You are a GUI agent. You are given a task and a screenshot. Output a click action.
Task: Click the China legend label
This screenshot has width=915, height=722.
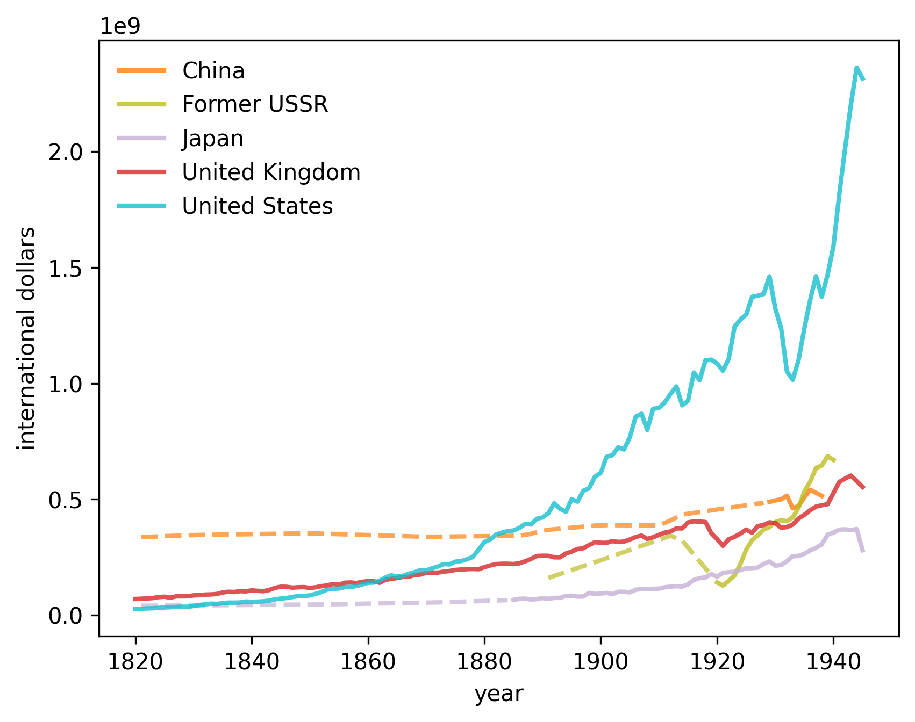point(213,71)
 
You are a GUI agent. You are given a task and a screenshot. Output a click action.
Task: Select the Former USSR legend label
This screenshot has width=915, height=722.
point(255,104)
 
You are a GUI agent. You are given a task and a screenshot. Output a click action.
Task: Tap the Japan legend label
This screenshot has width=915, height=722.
point(213,139)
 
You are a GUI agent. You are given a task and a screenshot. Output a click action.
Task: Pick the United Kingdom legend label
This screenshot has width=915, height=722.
point(271,172)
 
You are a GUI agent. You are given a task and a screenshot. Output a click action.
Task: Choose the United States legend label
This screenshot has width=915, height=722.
point(258,206)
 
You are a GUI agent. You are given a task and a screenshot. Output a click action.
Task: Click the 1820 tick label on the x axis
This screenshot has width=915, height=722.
point(135,662)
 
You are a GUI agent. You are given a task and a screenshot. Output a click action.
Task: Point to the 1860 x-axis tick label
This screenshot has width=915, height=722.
point(368,662)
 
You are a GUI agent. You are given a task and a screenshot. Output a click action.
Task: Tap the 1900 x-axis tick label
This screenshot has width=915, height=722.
point(601,662)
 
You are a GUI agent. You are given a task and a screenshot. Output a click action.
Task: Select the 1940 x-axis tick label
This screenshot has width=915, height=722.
point(833,662)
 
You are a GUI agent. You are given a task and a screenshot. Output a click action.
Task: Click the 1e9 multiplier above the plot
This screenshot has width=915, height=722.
point(120,26)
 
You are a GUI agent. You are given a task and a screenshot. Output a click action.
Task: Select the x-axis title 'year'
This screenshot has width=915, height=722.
point(498,695)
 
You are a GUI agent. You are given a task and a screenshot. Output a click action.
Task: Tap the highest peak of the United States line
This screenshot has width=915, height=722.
point(856,68)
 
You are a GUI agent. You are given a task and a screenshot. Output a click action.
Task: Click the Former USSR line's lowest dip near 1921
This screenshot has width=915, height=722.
point(723,585)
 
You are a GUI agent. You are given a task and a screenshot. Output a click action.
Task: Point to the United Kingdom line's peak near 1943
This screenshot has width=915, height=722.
point(850,475)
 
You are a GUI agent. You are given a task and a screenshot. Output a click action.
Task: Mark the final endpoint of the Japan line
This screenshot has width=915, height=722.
point(863,551)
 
